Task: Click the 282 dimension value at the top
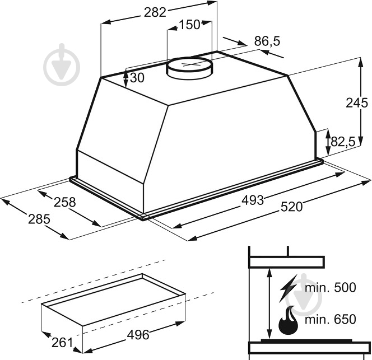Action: pyautogui.click(x=155, y=12)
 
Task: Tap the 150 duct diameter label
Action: pyautogui.click(x=189, y=25)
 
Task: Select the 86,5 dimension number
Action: pyautogui.click(x=267, y=41)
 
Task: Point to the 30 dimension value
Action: pyautogui.click(x=137, y=78)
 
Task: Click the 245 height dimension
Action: pyautogui.click(x=356, y=103)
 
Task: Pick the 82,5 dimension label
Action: pyautogui.click(x=342, y=142)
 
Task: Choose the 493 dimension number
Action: pyautogui.click(x=253, y=200)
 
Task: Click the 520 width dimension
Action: pyautogui.click(x=291, y=207)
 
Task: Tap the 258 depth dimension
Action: pyautogui.click(x=64, y=202)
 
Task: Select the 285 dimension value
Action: pyautogui.click(x=39, y=219)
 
